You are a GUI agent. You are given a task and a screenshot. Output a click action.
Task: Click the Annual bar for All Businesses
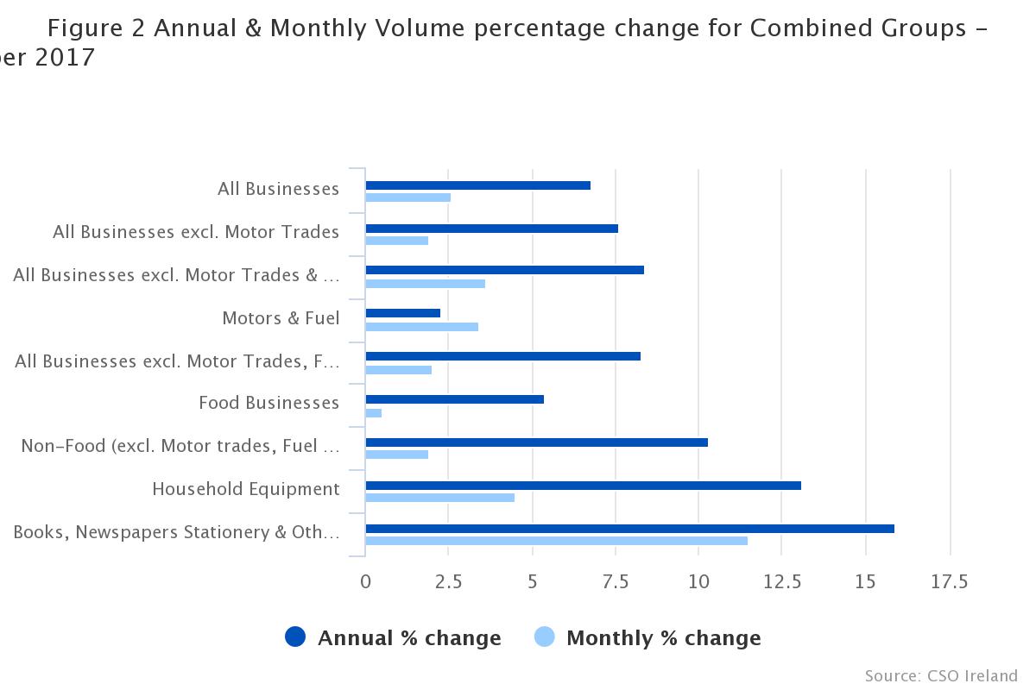point(477,185)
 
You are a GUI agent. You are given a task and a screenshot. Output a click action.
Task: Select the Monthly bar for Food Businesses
point(374,413)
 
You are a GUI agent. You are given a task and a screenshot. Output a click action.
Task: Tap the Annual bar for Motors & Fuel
point(403,313)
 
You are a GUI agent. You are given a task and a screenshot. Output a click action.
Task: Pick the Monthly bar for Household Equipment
point(440,498)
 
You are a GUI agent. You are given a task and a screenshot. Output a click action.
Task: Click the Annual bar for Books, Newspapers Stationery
point(629,529)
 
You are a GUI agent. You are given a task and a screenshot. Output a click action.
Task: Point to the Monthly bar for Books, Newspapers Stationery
point(556,541)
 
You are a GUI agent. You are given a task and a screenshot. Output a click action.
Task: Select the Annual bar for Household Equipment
point(583,486)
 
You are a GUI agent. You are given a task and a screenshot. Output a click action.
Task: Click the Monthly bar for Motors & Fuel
point(422,327)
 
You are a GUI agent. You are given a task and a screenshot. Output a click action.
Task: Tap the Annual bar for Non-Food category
point(536,442)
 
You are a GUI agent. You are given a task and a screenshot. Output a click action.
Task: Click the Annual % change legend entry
point(394,638)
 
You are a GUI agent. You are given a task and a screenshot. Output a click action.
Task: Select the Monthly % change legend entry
point(648,638)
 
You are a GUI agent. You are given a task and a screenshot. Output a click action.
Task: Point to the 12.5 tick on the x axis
point(781,582)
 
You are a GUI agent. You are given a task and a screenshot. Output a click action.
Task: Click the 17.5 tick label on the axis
point(949,582)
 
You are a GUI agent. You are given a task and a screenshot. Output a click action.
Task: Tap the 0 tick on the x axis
point(366,582)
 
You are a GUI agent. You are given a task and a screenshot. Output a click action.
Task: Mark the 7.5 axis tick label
point(615,582)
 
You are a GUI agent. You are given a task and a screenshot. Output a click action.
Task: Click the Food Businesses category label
point(268,403)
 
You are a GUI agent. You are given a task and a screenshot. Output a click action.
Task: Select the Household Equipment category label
point(246,489)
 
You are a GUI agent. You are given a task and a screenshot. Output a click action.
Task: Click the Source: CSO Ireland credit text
point(941,675)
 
